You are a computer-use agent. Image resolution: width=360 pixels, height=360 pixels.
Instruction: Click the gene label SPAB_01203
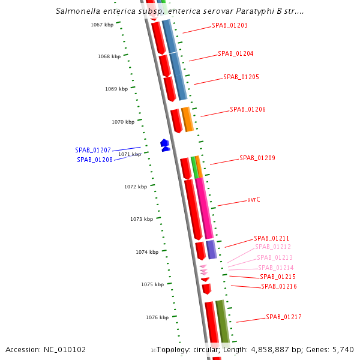pos(229,26)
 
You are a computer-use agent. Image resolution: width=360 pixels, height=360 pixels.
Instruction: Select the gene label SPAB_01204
pos(235,53)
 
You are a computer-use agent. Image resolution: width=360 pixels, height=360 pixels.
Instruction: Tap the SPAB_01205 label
pos(241,77)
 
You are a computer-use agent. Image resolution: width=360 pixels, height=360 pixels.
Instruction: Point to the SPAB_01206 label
pos(247,109)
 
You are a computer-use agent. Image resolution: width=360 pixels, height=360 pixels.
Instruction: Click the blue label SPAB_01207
pos(93,150)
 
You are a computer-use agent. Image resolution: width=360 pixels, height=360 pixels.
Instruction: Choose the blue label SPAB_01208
pos(95,160)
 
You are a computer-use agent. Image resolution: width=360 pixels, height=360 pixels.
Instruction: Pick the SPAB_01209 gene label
pos(257,158)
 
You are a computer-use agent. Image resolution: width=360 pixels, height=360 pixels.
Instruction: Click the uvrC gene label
pos(253,199)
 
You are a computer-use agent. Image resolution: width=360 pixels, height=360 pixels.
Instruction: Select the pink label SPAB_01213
pos(275,257)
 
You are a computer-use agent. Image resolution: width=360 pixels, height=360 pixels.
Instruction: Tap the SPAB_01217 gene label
pos(284,317)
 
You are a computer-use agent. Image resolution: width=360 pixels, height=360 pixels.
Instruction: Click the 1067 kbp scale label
pos(102,25)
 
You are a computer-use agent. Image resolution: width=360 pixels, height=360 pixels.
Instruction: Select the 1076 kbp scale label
pos(157,317)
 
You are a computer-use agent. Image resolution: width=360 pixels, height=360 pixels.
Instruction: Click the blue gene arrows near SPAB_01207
pos(165,145)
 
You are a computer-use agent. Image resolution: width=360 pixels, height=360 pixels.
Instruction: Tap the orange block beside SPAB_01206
pos(187,119)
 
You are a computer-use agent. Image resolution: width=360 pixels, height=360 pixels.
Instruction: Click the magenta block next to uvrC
pos(204,207)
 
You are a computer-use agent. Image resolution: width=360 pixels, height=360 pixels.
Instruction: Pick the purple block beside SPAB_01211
pos(211,249)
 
